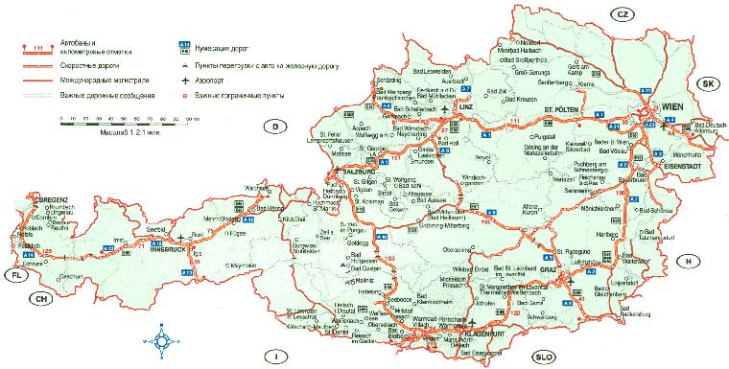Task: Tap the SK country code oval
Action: [x=711, y=84]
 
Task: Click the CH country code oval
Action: [x=40, y=298]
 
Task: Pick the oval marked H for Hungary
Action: [x=687, y=261]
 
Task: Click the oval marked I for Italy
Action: [x=276, y=357]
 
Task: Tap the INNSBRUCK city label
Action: [x=167, y=247]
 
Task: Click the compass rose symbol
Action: [x=160, y=340]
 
